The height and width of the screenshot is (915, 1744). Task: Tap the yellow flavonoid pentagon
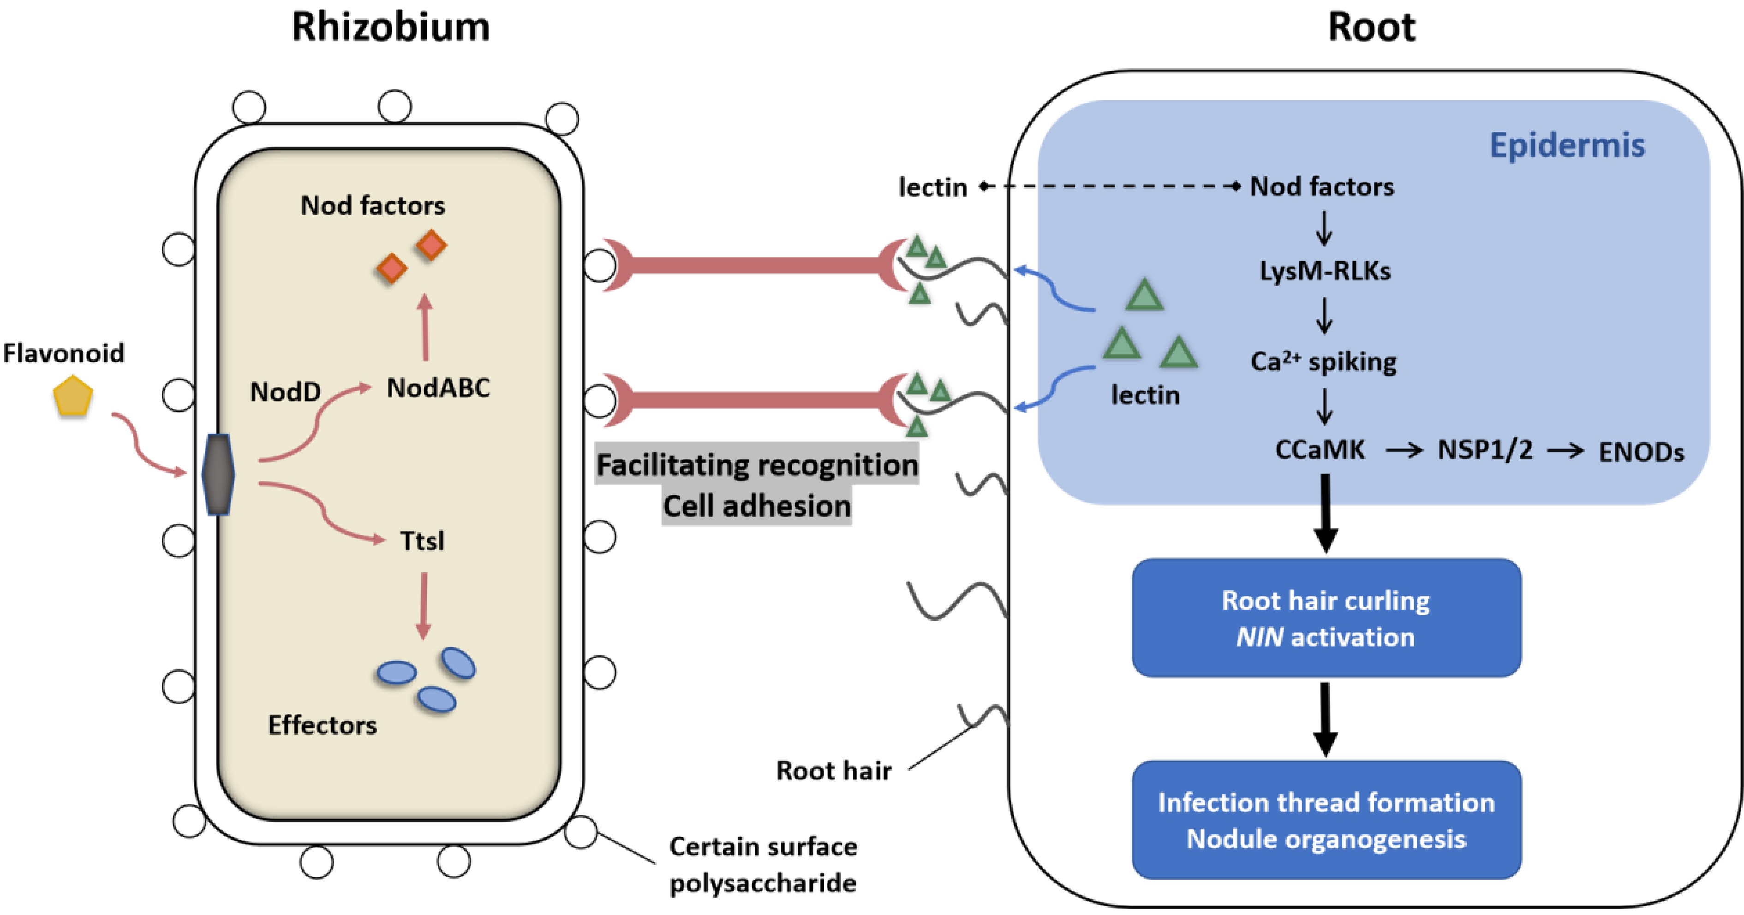coord(72,397)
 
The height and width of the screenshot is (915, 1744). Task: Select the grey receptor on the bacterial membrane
coord(218,475)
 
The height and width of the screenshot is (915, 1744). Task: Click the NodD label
coord(285,392)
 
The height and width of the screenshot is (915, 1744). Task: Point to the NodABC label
coord(438,388)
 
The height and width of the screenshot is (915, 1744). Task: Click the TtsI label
coord(422,541)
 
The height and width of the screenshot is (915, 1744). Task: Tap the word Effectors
coord(322,725)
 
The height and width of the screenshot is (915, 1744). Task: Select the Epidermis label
coord(1567,145)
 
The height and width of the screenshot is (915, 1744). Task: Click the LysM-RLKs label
coord(1324,271)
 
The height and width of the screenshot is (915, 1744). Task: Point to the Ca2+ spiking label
coord(1323,362)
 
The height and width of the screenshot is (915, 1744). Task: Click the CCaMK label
coord(1320,449)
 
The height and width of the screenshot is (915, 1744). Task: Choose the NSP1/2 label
coord(1485,449)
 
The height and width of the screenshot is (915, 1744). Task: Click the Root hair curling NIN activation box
coord(1326,618)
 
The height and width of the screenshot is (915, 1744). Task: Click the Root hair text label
coord(833,770)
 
